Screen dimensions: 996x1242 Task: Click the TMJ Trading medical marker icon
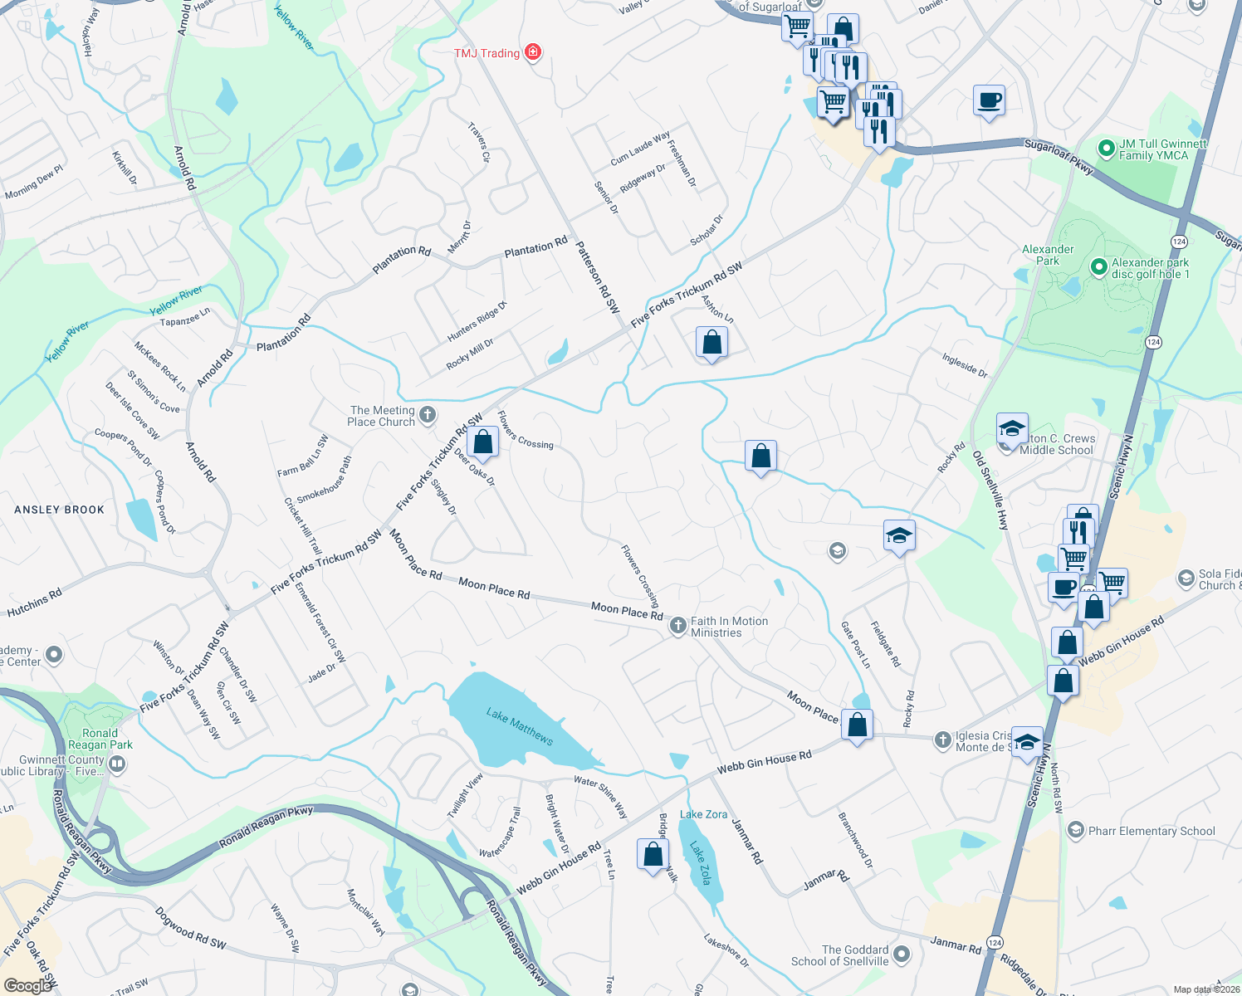[533, 52]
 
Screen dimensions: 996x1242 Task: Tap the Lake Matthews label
[520, 726]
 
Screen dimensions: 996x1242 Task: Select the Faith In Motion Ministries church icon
[677, 625]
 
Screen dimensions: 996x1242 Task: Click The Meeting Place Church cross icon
[428, 414]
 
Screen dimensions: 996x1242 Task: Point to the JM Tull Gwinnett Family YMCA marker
[1106, 149]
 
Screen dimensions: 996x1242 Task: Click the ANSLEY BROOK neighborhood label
[60, 510]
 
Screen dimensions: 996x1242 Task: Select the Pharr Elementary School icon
[1076, 830]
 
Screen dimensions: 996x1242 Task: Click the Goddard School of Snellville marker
[902, 955]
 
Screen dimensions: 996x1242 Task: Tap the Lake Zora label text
[703, 814]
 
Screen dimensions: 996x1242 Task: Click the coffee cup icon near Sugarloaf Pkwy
[989, 100]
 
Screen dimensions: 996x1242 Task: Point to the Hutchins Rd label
[34, 603]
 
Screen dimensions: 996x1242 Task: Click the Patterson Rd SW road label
[598, 277]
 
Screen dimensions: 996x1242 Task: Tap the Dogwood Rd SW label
[190, 927]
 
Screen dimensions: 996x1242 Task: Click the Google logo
[27, 986]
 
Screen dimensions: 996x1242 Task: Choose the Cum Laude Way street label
[640, 148]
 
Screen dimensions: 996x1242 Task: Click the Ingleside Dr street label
[965, 366]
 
